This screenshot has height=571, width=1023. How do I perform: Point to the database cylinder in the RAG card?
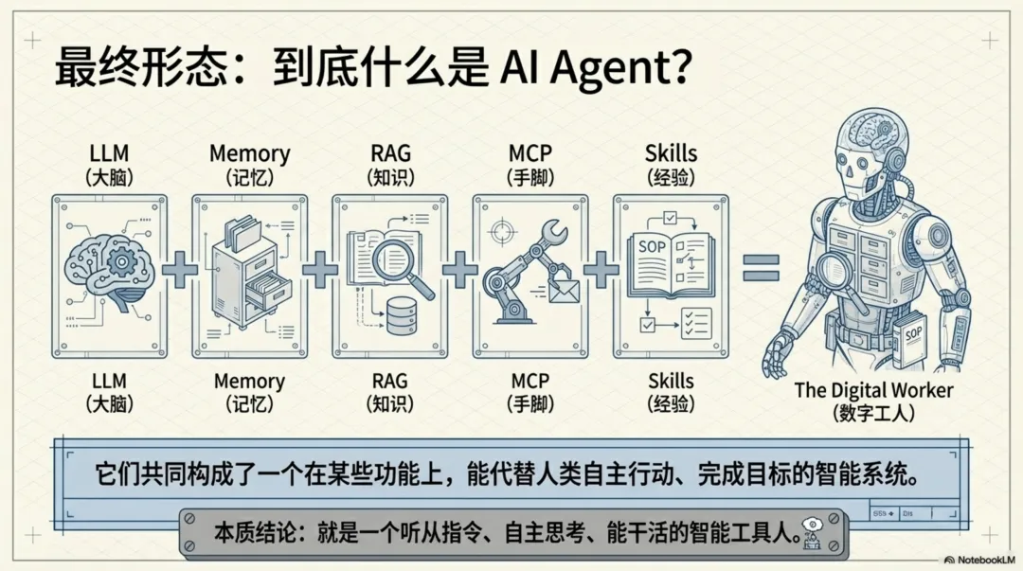(x=402, y=316)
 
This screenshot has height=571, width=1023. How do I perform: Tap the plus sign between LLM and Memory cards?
(x=180, y=271)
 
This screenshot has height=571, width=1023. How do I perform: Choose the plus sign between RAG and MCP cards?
(x=460, y=271)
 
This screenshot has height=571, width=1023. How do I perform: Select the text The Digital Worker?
(x=873, y=389)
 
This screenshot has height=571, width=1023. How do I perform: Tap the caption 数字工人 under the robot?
(x=873, y=413)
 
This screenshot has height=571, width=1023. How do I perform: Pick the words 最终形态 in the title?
(x=121, y=69)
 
